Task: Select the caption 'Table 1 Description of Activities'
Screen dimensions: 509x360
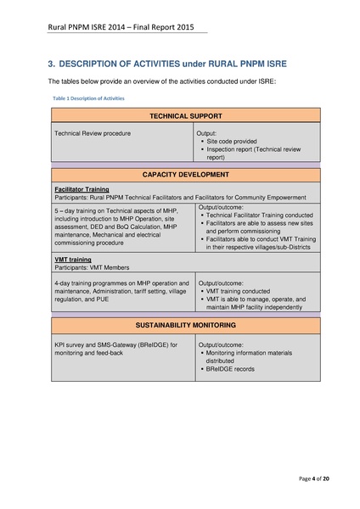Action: point(88,98)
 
